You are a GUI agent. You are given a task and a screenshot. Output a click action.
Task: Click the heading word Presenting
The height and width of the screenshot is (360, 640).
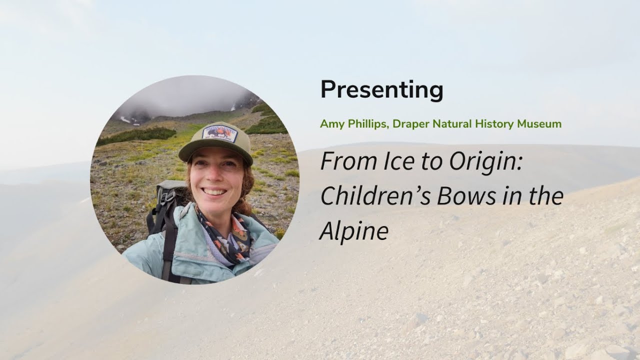(x=381, y=90)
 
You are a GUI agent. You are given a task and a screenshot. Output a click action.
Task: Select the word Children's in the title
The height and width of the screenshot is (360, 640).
(x=375, y=196)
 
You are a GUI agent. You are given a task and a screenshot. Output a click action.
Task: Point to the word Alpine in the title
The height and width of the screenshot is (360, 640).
(x=354, y=231)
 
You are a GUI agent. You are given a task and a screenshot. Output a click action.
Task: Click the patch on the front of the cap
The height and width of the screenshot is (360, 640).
(x=219, y=134)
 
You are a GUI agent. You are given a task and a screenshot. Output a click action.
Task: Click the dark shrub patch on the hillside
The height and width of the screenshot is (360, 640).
(x=137, y=134)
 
